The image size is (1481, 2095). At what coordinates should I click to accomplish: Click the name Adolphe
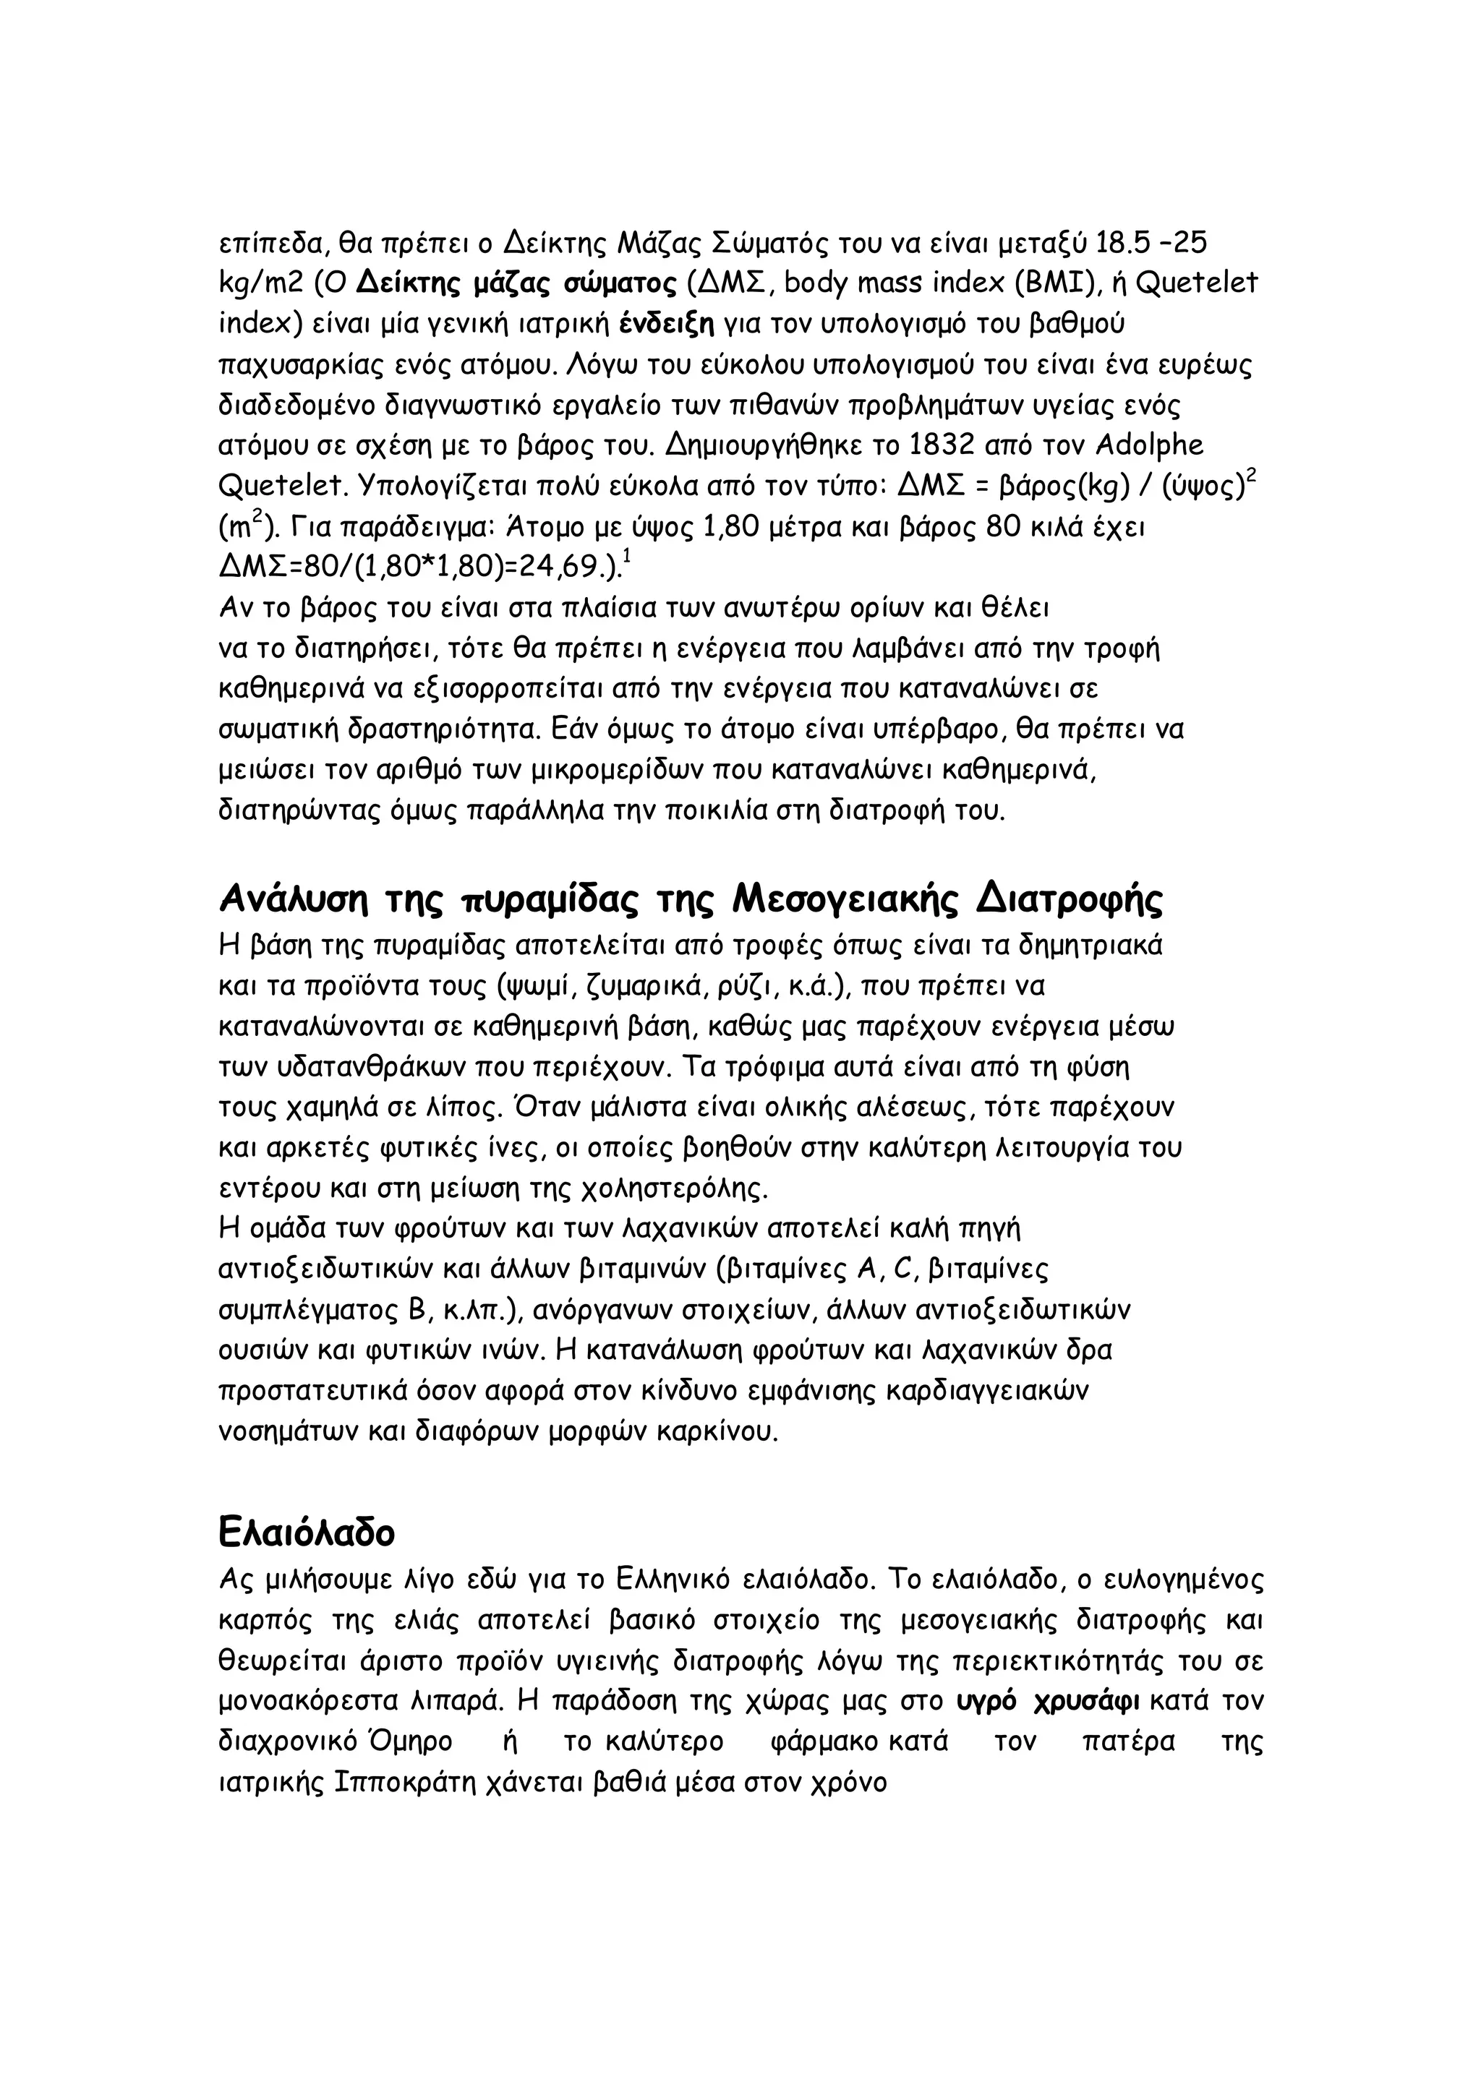coord(1148,445)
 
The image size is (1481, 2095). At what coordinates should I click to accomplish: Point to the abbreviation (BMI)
coord(1056,284)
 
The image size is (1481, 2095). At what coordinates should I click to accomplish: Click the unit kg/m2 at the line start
coord(261,284)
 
